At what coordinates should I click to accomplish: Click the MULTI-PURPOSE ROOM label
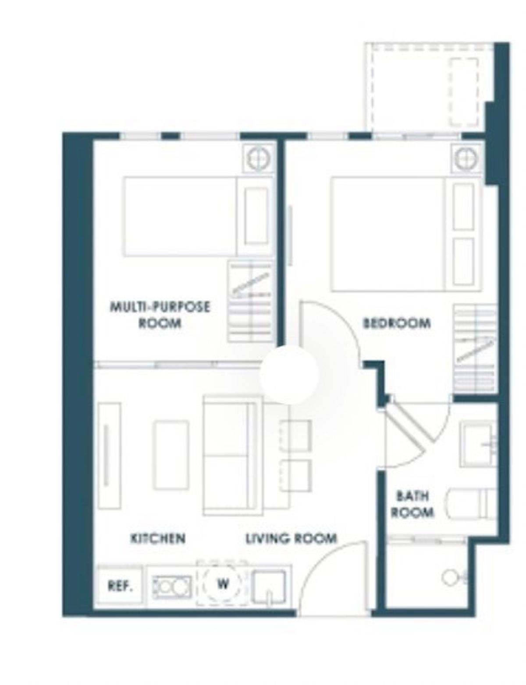[x=160, y=315]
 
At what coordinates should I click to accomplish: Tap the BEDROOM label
[x=397, y=323]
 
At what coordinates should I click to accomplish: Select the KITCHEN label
[x=158, y=538]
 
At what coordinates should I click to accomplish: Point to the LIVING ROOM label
[x=291, y=538]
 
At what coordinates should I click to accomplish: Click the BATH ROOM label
[x=412, y=504]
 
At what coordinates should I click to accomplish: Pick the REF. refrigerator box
[x=120, y=586]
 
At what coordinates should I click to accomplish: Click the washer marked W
[x=223, y=583]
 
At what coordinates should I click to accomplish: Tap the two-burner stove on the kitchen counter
[x=172, y=587]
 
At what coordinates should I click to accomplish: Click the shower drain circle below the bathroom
[x=449, y=577]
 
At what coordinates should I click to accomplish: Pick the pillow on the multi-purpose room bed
[x=256, y=216]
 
